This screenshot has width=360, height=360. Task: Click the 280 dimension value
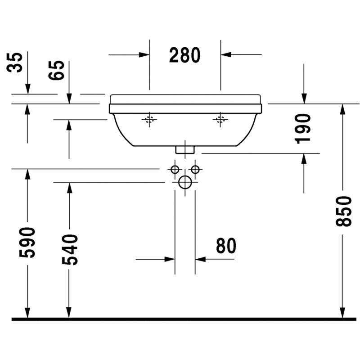coord(184,55)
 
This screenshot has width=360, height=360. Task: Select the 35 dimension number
coord(15,63)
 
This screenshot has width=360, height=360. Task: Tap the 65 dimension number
coord(57,70)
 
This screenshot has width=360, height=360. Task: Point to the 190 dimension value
coord(302,129)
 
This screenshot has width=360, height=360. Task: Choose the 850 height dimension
coord(343,211)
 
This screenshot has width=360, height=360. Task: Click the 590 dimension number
coord(27,243)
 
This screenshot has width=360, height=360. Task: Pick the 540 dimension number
coord(70,250)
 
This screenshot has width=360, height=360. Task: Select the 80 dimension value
coord(226,246)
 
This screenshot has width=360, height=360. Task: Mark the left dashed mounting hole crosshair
coord(149,120)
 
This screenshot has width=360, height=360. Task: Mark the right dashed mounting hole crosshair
coord(220,120)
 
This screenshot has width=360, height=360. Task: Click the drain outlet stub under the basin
coord(185,150)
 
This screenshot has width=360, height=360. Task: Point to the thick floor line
coord(184,319)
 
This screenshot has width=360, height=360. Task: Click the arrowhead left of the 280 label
coord(144,55)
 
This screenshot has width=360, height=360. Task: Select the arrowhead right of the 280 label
coord(226,54)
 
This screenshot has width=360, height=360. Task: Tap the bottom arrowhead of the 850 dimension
coord(342,313)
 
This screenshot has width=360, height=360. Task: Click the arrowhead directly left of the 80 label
coord(170,260)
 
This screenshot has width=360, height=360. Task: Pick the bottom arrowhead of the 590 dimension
coord(27,313)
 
